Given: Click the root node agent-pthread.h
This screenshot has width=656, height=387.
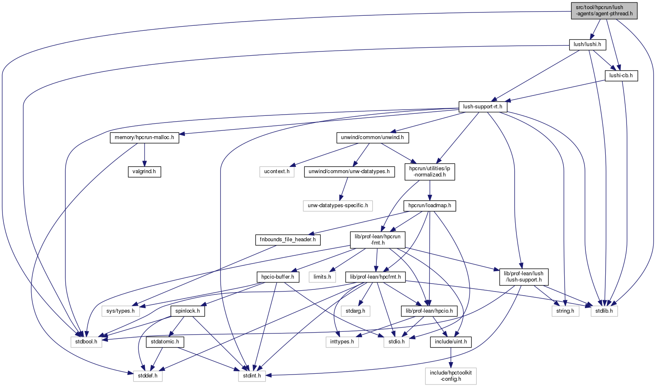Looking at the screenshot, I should tap(604, 10).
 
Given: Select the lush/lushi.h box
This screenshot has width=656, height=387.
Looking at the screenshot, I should tap(587, 44).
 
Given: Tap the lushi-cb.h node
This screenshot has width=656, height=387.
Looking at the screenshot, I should tap(621, 76).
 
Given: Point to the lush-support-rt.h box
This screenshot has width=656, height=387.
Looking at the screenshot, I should tap(482, 107).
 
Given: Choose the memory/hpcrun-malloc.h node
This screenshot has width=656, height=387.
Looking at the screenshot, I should tap(144, 137).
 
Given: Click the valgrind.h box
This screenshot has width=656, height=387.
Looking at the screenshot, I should tap(144, 171).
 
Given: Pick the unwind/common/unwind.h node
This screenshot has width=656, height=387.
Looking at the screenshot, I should tap(372, 137).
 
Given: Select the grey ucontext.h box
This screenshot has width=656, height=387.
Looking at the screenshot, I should tap(277, 171).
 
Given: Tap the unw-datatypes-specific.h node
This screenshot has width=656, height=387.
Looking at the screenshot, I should tap(338, 206).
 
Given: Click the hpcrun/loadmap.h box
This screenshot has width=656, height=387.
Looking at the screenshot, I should tap(430, 206).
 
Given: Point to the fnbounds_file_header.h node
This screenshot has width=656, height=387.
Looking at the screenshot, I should tap(287, 240).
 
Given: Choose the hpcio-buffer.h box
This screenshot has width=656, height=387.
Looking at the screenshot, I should tap(278, 277).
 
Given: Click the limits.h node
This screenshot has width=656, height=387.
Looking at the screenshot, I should tap(322, 277).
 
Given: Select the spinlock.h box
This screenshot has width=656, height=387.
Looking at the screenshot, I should tap(187, 311).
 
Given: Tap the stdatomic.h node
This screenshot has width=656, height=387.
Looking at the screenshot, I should tap(165, 342).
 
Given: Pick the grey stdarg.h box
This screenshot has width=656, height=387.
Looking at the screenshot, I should tap(355, 311).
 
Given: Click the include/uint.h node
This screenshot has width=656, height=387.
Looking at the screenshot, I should tap(451, 342).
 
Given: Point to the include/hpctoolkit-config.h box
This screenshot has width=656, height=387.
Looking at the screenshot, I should tap(451, 376).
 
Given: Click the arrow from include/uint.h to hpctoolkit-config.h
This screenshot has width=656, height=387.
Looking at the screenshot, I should tap(451, 358).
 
